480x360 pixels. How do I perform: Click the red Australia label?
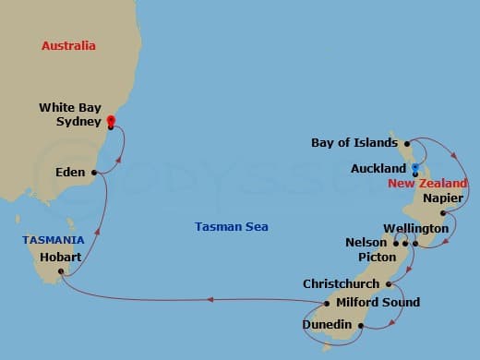[69, 45]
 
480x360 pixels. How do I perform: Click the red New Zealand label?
[427, 184]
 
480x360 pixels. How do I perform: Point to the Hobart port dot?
[62, 271]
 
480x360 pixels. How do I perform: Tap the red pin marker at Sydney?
[111, 121]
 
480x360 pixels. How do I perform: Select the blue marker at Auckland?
[415, 169]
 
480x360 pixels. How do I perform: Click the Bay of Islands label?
[354, 143]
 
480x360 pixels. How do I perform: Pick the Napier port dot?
[444, 213]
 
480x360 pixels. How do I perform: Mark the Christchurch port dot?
[390, 284]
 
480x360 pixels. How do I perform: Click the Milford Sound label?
[378, 302]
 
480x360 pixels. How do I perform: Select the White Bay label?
[69, 108]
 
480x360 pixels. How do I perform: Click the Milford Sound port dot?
[327, 302]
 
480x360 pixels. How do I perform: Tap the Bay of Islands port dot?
[406, 144]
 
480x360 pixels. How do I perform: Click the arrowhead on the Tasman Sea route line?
[210, 299]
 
